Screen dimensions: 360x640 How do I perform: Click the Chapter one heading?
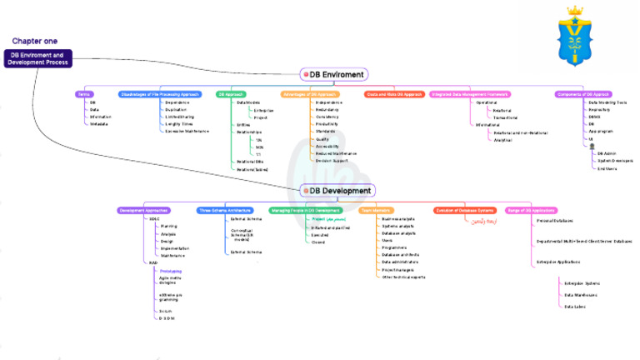(x=35, y=41)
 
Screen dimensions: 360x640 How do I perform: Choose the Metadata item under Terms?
(x=101, y=124)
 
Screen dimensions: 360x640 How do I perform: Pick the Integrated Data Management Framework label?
(x=469, y=94)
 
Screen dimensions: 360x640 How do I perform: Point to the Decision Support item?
(x=332, y=160)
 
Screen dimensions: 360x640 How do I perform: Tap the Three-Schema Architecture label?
(x=224, y=211)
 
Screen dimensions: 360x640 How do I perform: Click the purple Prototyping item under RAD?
(x=171, y=271)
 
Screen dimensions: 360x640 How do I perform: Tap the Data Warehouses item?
(x=580, y=294)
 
